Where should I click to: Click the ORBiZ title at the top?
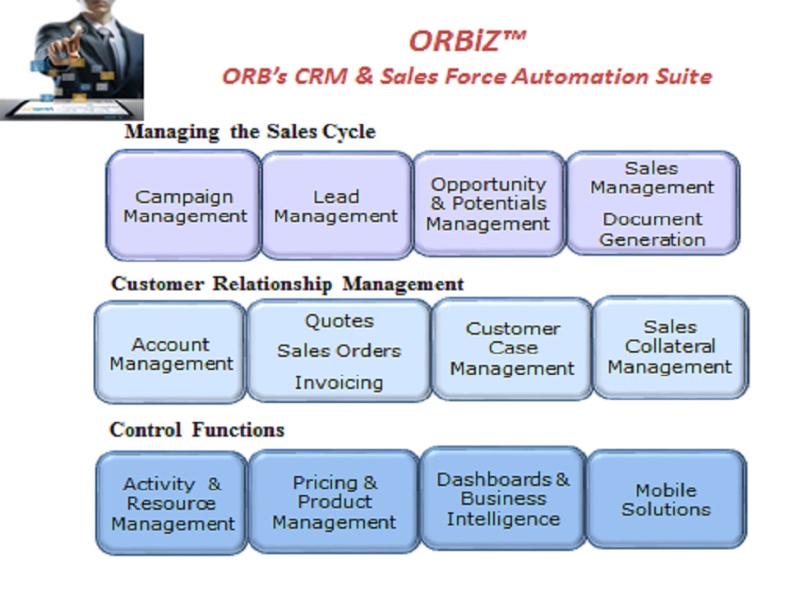click(x=468, y=41)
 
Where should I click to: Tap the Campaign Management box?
click(x=183, y=206)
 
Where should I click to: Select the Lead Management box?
click(x=336, y=206)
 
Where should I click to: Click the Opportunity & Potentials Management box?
click(x=488, y=204)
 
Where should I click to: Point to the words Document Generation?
click(x=653, y=229)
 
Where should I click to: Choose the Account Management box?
click(x=171, y=353)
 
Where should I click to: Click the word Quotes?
click(x=339, y=321)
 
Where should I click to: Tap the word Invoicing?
click(x=339, y=382)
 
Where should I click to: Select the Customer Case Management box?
click(x=512, y=349)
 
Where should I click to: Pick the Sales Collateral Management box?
click(x=671, y=348)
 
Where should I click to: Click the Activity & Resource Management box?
click(x=172, y=503)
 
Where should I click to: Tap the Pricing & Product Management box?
click(x=335, y=502)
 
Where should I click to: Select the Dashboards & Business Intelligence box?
click(x=503, y=498)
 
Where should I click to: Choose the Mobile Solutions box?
click(x=667, y=499)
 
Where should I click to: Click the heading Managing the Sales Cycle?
click(x=250, y=132)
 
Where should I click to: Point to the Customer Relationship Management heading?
click(x=288, y=284)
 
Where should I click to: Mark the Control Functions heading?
click(x=196, y=430)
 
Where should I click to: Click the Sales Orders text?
click(x=339, y=351)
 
